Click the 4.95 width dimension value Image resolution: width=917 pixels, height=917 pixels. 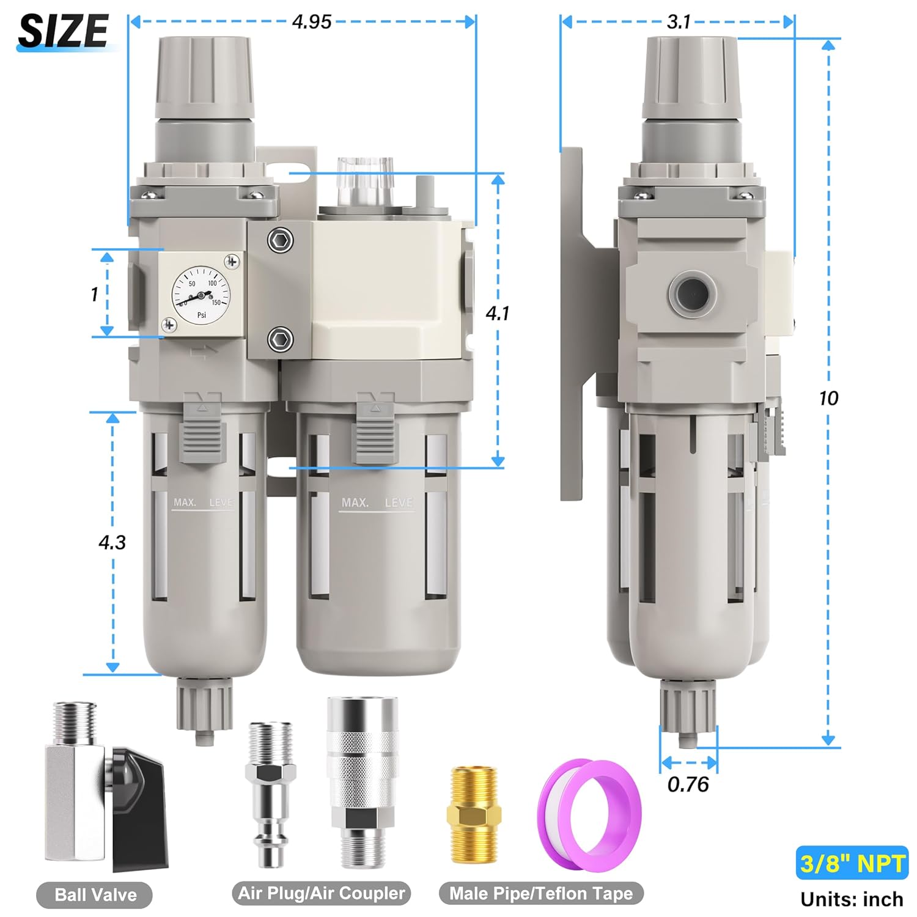click(x=312, y=22)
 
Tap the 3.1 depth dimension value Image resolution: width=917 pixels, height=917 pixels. click(x=679, y=23)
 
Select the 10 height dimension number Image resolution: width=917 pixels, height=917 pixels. click(x=828, y=399)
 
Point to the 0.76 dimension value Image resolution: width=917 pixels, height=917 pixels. click(x=688, y=784)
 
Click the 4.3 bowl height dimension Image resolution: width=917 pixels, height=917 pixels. click(x=112, y=542)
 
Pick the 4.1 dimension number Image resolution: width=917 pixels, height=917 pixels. click(x=498, y=314)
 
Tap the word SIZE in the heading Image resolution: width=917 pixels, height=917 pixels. click(x=63, y=30)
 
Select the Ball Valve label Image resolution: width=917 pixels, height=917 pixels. click(x=95, y=895)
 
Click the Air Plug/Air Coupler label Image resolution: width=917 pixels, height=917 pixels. click(x=321, y=894)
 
